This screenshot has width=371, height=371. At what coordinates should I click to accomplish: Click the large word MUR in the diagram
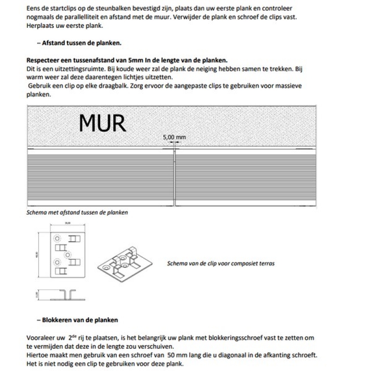102,122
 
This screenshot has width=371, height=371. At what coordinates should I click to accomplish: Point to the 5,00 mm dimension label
174,137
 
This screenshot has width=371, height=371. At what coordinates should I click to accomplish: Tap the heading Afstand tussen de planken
82,43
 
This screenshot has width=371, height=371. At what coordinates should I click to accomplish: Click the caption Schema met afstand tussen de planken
77,212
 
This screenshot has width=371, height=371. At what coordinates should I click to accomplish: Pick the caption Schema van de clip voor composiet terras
220,263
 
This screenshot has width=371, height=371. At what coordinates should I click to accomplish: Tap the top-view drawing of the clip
68,254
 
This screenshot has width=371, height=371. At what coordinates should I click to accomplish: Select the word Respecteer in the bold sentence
44,61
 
